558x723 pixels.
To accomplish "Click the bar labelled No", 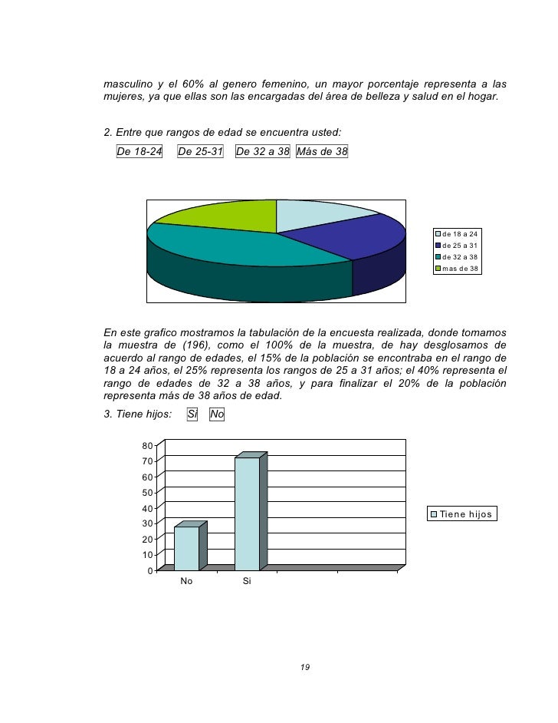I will tap(187, 548).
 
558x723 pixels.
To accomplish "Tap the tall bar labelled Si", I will tap(247, 513).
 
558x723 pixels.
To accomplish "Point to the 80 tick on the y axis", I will tap(147, 446).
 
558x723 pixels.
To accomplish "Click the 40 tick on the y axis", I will tap(147, 508).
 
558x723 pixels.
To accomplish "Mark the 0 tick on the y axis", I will tap(150, 570).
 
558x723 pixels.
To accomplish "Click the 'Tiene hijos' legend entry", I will tap(463, 513).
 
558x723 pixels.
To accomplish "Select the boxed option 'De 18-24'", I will tap(139, 151).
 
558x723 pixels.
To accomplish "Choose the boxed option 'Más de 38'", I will tap(321, 151).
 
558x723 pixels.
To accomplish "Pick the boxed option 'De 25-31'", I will tap(200, 151).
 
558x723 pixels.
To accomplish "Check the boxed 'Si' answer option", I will tap(193, 415).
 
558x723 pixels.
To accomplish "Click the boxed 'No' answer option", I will tap(217, 415).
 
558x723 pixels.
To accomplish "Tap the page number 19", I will tap(304, 668).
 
